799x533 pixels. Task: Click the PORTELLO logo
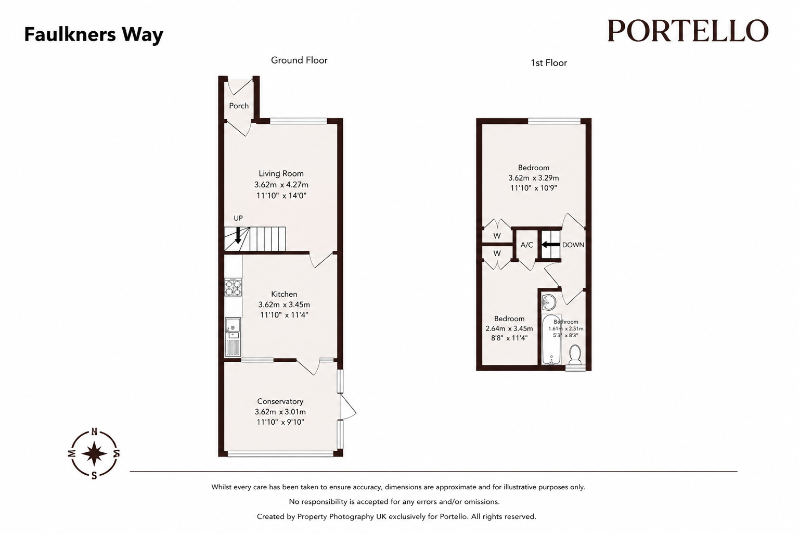coord(688,31)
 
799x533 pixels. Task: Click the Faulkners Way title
coord(94,35)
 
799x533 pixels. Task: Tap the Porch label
coord(239,106)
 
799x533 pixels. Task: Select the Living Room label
coord(281,173)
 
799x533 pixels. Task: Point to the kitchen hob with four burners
coord(233,287)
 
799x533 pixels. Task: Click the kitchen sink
coord(233,337)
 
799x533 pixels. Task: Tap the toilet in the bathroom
coord(575,355)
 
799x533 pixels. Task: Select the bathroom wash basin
coord(549,303)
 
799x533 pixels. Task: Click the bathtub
coord(551,339)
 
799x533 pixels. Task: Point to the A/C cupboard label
coord(527,245)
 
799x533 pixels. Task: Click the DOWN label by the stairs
coord(573,245)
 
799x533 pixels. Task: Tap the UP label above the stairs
coord(238,218)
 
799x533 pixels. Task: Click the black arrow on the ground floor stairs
coord(238,235)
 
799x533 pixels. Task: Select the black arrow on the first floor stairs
coord(551,245)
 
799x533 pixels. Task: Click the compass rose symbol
coord(94,453)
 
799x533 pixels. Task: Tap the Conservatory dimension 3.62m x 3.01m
coord(280,412)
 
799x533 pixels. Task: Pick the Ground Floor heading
coord(299,60)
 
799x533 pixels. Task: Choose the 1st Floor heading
coord(549,63)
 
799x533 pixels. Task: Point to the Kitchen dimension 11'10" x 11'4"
coord(284,315)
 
